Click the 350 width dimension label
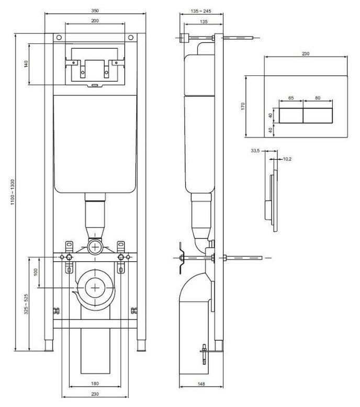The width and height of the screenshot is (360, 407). [x=95, y=11]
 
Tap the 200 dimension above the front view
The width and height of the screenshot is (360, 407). [x=95, y=21]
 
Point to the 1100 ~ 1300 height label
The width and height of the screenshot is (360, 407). [x=13, y=192]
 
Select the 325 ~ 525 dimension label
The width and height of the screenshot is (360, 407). [x=26, y=304]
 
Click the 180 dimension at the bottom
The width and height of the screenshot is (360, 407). [x=95, y=383]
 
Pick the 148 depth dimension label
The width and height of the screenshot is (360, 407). [x=201, y=384]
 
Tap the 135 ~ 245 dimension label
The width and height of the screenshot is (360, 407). [x=201, y=11]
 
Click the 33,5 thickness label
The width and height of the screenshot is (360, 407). [x=255, y=150]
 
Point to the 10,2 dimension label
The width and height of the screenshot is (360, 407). [x=287, y=159]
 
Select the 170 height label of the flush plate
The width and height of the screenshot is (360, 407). [x=243, y=106]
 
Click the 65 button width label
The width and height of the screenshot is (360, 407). [x=291, y=98]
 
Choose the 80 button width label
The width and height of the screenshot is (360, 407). [x=318, y=98]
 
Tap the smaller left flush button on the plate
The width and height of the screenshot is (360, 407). [x=291, y=116]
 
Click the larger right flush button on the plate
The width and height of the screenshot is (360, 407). [x=318, y=116]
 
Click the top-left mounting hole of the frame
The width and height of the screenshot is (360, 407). [x=59, y=38]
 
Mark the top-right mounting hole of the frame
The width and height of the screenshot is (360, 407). [x=131, y=38]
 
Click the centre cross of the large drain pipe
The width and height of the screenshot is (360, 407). [x=95, y=288]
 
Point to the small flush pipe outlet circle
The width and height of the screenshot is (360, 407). [x=95, y=247]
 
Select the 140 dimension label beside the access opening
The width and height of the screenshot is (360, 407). [x=26, y=64]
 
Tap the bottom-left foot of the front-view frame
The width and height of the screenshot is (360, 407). [x=49, y=346]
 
